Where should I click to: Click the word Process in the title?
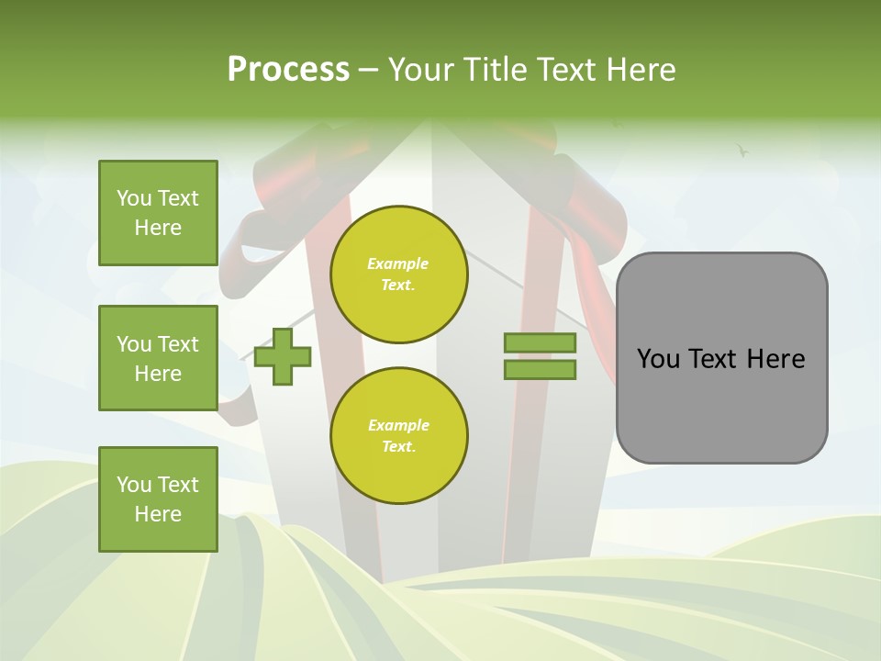(x=288, y=70)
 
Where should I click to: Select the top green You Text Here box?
(x=158, y=213)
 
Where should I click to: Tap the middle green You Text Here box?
(x=158, y=358)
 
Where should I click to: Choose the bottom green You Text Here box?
(x=158, y=499)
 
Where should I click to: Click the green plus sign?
(x=283, y=356)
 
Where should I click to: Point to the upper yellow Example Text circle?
(x=398, y=274)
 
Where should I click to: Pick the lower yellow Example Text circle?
(x=398, y=436)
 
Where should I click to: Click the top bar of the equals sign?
(x=540, y=343)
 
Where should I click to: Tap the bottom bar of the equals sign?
(x=540, y=370)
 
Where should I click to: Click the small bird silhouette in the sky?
(x=742, y=150)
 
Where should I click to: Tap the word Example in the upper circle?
(x=398, y=264)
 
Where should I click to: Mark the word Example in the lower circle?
(x=398, y=426)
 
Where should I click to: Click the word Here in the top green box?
(x=158, y=228)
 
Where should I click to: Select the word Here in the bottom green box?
(x=158, y=514)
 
